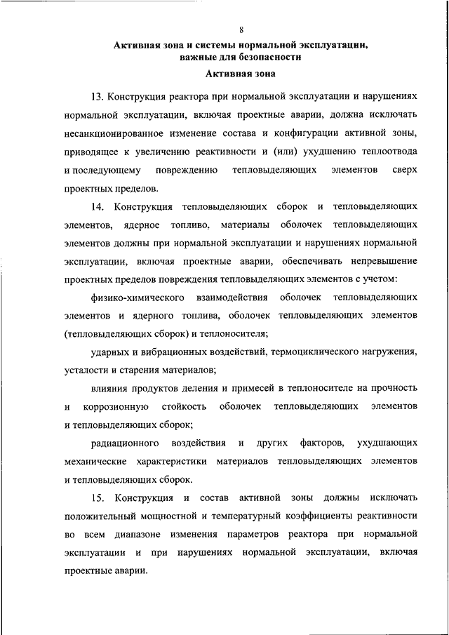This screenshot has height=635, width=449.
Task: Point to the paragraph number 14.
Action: pos(97,207)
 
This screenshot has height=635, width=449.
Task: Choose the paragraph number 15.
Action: pos(97,497)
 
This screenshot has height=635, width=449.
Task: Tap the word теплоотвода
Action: pos(382,152)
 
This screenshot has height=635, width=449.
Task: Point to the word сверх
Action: pos(405,171)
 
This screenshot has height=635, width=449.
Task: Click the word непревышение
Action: pos(378,262)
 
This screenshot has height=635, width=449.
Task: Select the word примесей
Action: pos(232,388)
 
